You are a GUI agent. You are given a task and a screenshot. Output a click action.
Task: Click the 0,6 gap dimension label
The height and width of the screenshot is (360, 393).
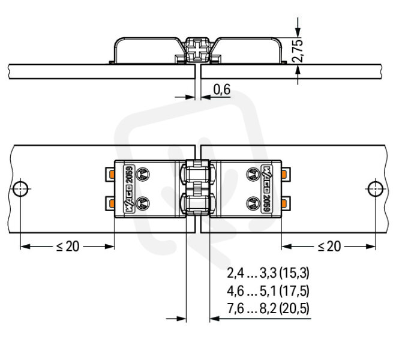(x=222, y=89)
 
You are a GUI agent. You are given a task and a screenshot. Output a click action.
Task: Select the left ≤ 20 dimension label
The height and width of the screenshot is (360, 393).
(x=68, y=247)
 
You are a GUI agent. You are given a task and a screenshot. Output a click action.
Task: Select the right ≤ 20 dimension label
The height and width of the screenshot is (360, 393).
(x=329, y=247)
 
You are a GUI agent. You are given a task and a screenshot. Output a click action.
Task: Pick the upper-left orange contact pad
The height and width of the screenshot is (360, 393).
(x=112, y=174)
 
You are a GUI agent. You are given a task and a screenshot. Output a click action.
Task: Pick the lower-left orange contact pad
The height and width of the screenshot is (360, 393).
(x=112, y=203)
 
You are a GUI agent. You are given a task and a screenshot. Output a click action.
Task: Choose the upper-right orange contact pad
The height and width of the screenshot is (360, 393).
(x=284, y=174)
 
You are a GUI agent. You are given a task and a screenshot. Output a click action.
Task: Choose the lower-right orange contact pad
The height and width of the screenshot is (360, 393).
(x=284, y=203)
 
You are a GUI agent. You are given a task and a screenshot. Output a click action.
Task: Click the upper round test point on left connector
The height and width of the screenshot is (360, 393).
(x=143, y=174)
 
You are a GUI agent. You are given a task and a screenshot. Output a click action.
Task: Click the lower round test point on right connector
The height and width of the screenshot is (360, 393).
(x=253, y=203)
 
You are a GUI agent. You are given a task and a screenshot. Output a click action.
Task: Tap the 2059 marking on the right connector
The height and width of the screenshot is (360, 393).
(x=267, y=203)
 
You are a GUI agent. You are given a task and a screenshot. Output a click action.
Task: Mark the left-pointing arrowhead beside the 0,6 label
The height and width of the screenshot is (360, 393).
(x=206, y=97)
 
